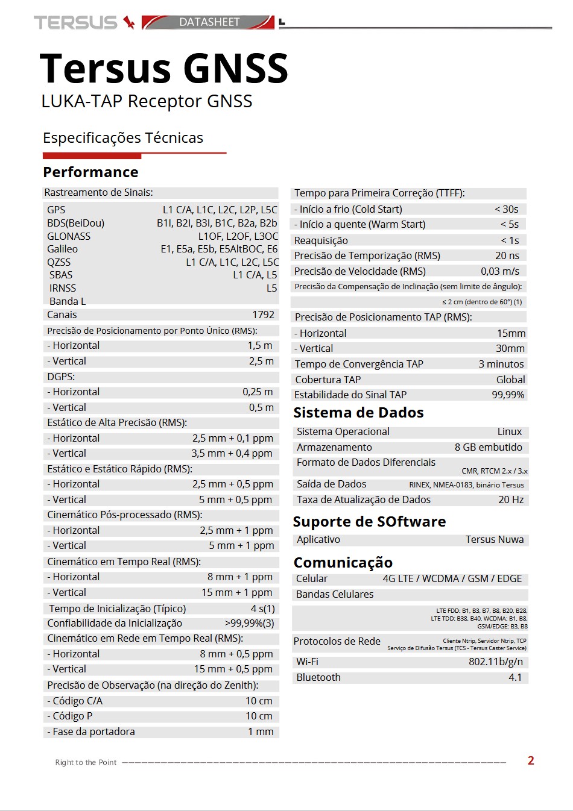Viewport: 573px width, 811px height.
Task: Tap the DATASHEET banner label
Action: coord(209,22)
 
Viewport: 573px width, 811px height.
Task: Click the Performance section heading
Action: coord(90,172)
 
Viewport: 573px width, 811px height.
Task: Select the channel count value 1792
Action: coord(263,315)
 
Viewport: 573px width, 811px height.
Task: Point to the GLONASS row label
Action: coord(69,236)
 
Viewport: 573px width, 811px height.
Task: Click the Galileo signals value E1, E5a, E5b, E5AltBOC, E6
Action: coord(219,249)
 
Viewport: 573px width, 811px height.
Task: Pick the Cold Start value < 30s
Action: coord(507,209)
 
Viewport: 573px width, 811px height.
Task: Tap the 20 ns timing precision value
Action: coord(507,255)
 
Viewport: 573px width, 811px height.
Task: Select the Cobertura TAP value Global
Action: coord(510,380)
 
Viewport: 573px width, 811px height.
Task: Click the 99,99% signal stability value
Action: coord(508,395)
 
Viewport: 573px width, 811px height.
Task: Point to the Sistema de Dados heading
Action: coord(358,413)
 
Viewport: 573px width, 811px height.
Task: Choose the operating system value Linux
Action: coord(510,431)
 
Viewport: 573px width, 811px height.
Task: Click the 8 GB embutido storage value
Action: coord(489,447)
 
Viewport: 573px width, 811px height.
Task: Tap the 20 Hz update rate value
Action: coord(511,499)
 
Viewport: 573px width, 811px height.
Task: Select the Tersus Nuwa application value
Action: coord(495,539)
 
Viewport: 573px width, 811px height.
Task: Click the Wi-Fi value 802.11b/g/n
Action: coord(496,662)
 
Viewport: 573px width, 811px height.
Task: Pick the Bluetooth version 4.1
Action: coord(515,677)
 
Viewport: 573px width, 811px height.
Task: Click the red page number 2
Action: coord(531,760)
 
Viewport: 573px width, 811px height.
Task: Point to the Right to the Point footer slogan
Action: coord(86,762)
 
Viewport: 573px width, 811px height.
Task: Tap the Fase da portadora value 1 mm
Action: coord(261,731)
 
